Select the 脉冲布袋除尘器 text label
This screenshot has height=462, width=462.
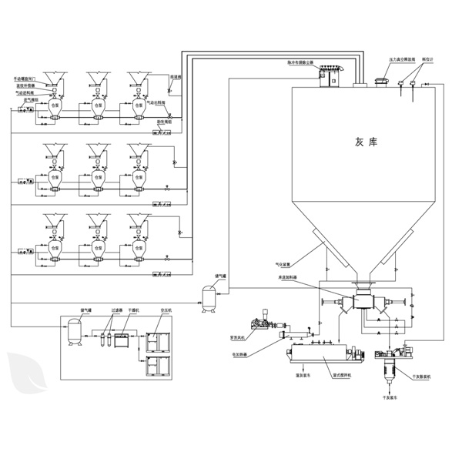click(333, 62)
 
